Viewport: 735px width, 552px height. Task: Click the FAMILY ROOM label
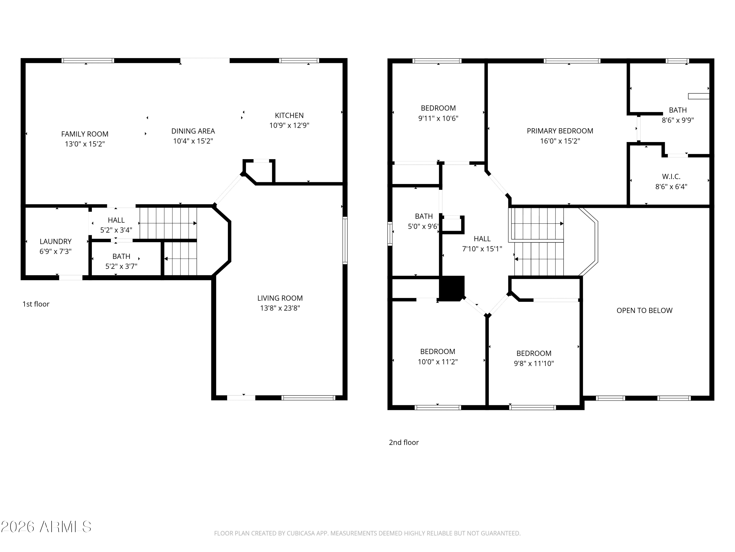[85, 134]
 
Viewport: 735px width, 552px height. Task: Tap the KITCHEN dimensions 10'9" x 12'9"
[289, 125]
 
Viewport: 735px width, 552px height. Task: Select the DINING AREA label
[193, 131]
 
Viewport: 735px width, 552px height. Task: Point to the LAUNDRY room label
[55, 242]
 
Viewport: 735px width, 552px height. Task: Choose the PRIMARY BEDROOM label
[560, 131]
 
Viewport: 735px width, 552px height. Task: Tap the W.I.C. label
[671, 177]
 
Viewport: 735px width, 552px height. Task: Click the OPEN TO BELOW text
[645, 310]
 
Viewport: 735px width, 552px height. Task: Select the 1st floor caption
[36, 304]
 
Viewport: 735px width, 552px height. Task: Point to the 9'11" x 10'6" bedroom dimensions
[438, 118]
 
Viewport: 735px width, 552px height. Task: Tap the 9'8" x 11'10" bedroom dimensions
[534, 364]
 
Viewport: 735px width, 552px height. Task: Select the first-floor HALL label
[116, 220]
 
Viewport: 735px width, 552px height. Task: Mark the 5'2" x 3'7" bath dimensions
[121, 266]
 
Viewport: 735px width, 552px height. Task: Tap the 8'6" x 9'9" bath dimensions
[678, 120]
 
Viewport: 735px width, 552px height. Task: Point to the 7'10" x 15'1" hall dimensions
[482, 249]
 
